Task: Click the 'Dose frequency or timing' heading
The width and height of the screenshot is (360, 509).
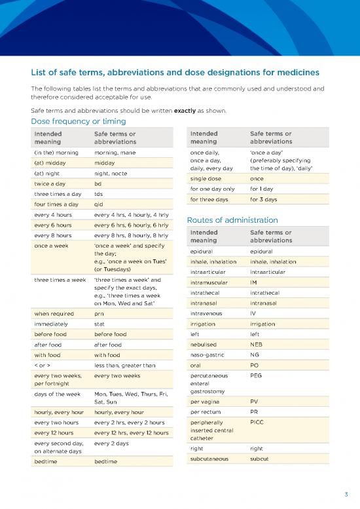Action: click(79, 121)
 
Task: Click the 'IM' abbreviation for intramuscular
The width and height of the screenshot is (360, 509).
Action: click(255, 282)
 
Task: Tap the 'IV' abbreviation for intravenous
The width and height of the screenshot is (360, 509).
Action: click(254, 314)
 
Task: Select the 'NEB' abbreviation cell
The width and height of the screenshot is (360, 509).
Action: click(257, 344)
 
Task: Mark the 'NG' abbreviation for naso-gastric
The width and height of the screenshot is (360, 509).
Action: click(255, 354)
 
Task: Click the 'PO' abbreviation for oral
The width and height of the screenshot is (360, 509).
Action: click(255, 365)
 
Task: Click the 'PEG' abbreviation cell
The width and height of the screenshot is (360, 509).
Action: click(257, 376)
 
